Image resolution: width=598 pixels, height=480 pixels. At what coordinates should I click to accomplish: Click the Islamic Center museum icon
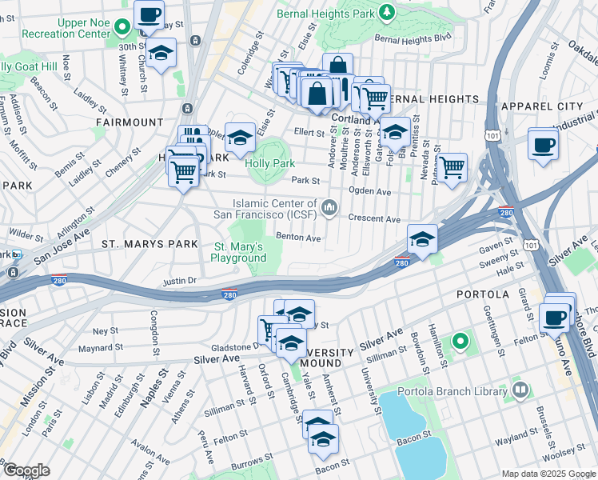coord(329,209)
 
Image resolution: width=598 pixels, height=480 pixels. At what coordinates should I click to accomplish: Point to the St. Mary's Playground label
coord(238,252)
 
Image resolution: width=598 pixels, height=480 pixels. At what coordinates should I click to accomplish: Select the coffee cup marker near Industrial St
coord(544,144)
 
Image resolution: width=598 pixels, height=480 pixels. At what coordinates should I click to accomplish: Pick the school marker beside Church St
coord(161,54)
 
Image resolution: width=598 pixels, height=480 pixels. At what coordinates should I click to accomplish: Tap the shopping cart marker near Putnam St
coord(452,167)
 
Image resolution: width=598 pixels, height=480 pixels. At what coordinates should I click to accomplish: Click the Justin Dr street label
coord(179,281)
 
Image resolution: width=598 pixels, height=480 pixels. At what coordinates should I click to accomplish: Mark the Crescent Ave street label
coord(374,218)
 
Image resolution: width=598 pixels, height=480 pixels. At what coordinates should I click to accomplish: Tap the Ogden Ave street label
coord(370,191)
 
